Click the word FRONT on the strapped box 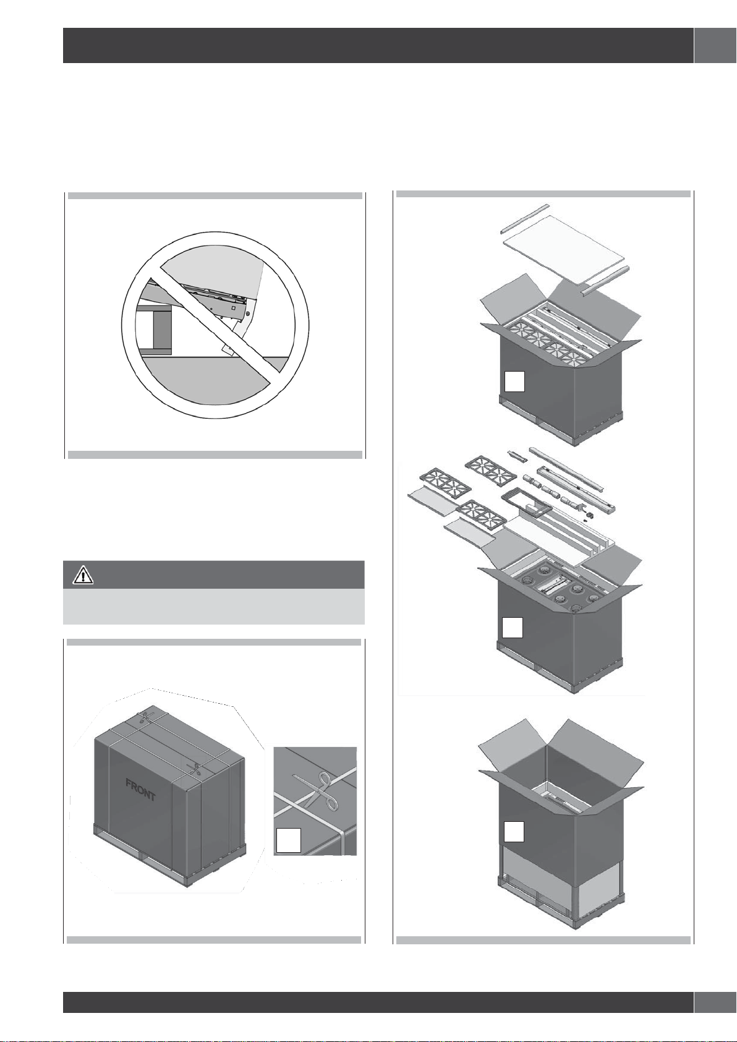(140, 790)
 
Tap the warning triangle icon (83, 576)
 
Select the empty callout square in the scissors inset (288, 840)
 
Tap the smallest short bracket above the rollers (517, 455)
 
